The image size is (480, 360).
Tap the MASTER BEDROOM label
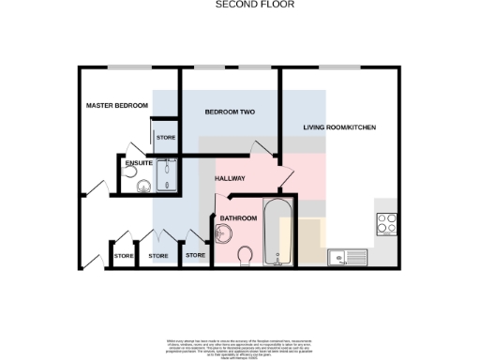pyautogui.click(x=116, y=105)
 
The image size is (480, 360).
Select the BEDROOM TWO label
pyautogui.click(x=230, y=112)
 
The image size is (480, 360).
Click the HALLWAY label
pyautogui.click(x=230, y=178)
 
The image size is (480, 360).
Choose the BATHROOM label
pyautogui.click(x=238, y=218)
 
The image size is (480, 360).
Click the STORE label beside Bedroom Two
pyautogui.click(x=166, y=138)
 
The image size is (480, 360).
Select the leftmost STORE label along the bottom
pyautogui.click(x=123, y=255)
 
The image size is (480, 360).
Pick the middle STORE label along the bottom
pyautogui.click(x=158, y=255)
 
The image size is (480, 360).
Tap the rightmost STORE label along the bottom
pyautogui.click(x=195, y=255)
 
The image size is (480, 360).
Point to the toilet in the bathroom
pyautogui.click(x=245, y=255)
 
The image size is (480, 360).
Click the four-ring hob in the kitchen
pyautogui.click(x=386, y=223)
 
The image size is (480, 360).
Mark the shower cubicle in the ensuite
pyautogui.click(x=169, y=173)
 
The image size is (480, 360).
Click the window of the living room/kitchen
pyautogui.click(x=338, y=67)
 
